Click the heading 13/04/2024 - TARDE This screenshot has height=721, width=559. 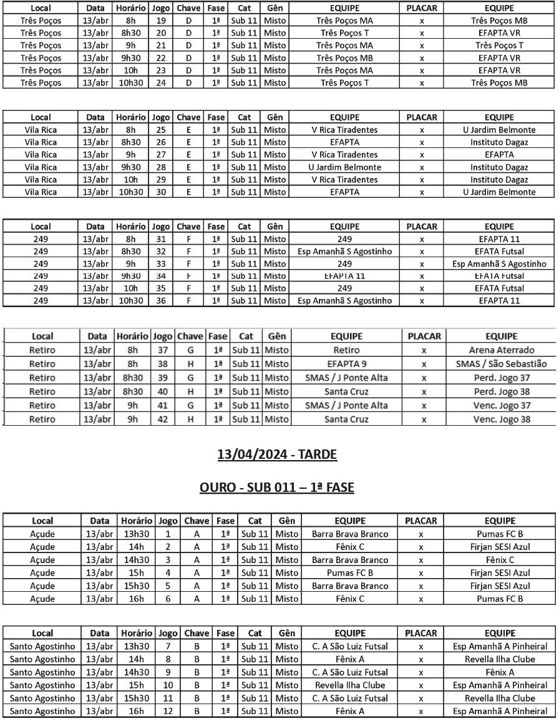[x=277, y=454]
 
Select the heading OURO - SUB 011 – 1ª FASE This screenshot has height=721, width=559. [x=277, y=487]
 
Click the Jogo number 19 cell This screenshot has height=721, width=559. [x=161, y=21]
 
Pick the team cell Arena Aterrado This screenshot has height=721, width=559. [x=502, y=350]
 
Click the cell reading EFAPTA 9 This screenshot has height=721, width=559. [x=346, y=364]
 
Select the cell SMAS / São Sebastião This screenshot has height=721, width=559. [x=502, y=364]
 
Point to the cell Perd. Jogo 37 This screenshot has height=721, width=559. [x=502, y=378]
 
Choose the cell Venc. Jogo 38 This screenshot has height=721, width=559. [x=502, y=419]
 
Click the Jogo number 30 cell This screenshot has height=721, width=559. [x=161, y=192]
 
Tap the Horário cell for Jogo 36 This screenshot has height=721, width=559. [x=131, y=301]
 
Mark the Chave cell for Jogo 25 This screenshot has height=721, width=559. [x=188, y=130]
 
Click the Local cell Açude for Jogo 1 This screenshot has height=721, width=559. [x=42, y=534]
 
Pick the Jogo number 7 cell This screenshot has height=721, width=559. [x=167, y=646]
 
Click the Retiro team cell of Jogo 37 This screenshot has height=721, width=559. [x=346, y=350]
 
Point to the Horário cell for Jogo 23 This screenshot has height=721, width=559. [x=131, y=71]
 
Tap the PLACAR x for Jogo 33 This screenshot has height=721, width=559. [x=422, y=263]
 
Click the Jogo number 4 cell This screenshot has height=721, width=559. [x=167, y=572]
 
